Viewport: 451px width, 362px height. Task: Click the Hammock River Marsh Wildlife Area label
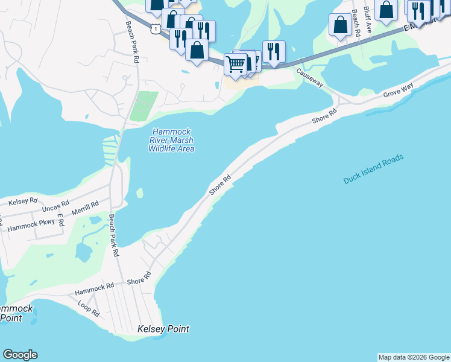[172, 140]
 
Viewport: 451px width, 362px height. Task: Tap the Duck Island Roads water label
[373, 170]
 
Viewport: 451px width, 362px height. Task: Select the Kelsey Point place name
[163, 329]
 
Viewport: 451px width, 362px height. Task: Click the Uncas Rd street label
[55, 206]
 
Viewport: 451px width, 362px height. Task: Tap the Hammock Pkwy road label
[31, 225]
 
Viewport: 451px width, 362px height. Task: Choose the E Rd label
[60, 220]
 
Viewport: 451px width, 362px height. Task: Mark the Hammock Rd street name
[94, 289]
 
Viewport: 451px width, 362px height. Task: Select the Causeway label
[309, 77]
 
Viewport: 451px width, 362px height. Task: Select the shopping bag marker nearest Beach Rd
[340, 24]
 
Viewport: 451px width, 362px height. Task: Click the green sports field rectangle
[143, 106]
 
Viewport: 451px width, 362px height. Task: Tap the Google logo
[20, 355]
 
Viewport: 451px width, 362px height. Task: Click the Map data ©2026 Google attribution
[414, 357]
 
